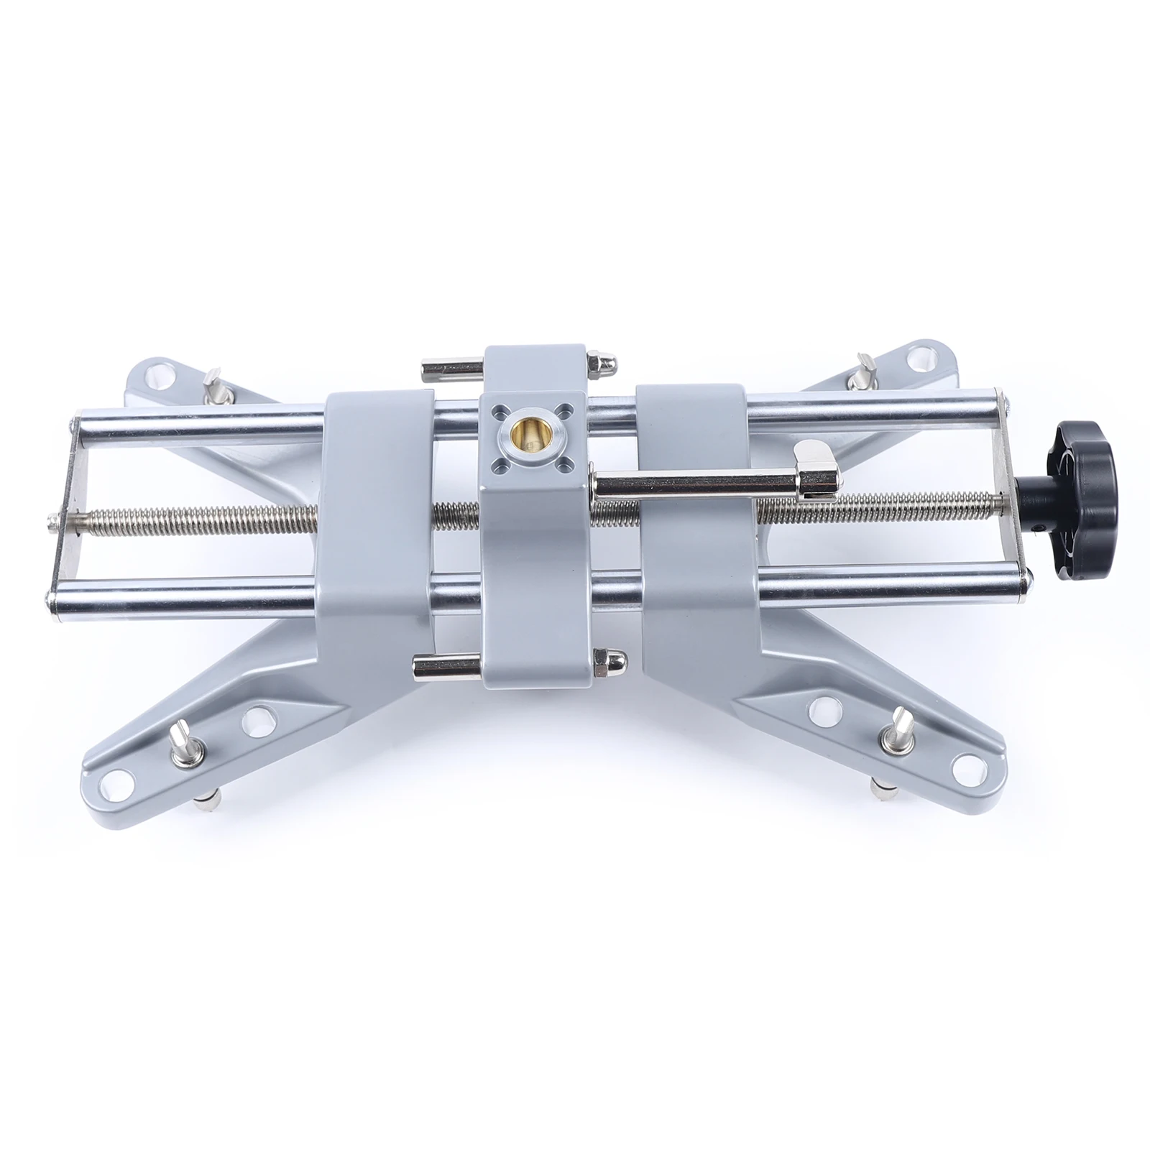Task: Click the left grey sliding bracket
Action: [374, 517]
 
